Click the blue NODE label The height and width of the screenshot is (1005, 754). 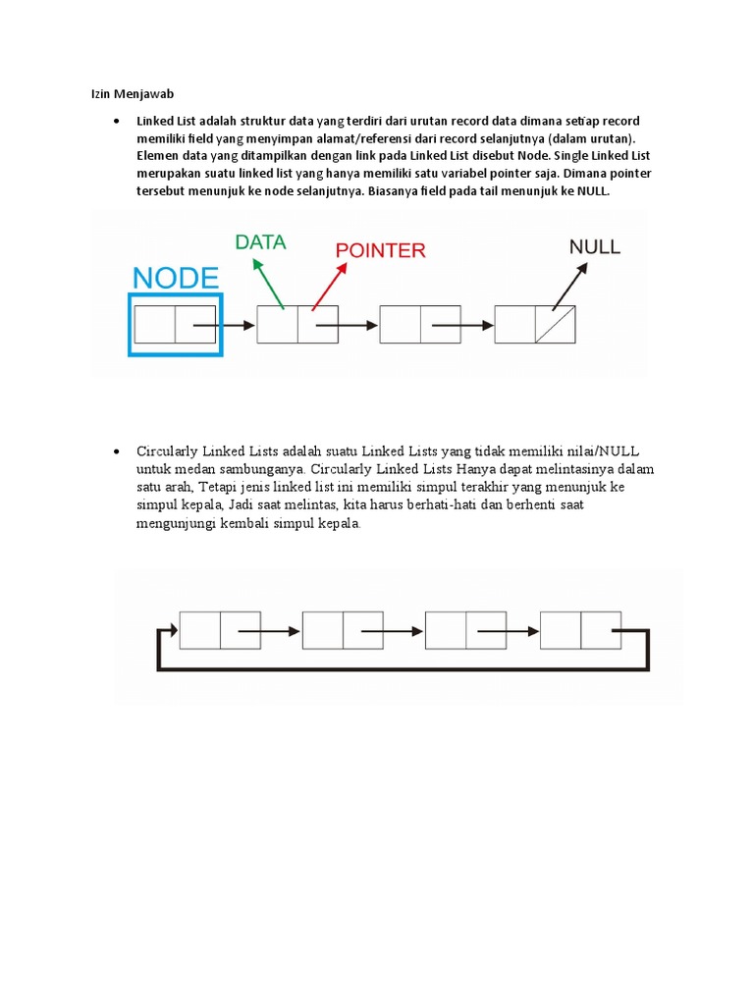[x=176, y=278]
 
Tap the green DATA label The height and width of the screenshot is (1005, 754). [x=260, y=242]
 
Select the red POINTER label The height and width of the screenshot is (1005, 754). [x=381, y=250]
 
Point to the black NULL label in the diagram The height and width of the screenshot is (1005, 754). [x=595, y=246]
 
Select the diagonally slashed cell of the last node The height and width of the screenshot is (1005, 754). [x=555, y=325]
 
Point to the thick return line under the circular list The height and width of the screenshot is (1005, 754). [x=403, y=668]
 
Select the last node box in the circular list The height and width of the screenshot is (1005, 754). [x=580, y=630]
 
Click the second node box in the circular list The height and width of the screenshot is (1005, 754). [x=343, y=630]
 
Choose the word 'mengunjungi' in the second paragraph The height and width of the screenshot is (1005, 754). [x=174, y=523]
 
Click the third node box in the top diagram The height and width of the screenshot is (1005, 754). [x=419, y=325]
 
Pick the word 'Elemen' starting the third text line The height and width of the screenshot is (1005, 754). [x=158, y=156]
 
